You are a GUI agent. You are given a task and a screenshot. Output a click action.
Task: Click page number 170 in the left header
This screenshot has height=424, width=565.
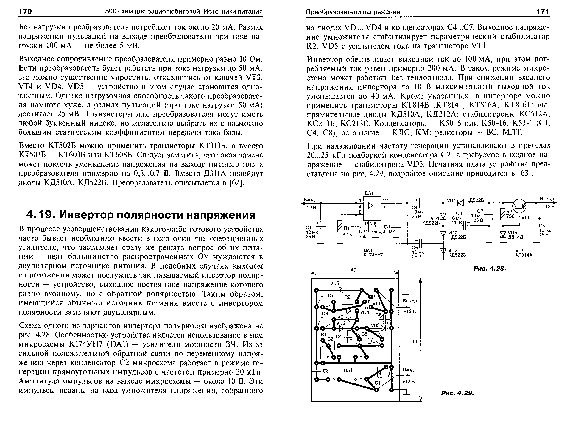[25, 12]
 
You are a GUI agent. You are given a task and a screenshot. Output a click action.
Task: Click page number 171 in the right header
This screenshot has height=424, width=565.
[543, 12]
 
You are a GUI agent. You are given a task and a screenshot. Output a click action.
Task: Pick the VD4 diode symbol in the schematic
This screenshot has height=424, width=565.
[460, 202]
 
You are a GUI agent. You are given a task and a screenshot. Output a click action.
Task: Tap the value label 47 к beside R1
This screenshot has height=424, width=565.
[347, 234]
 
